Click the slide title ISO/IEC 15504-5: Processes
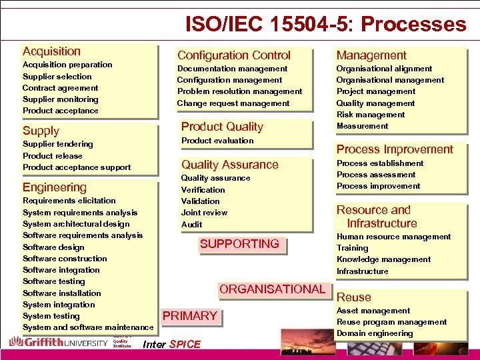[325, 25]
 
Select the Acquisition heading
[51, 51]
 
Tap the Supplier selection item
[57, 77]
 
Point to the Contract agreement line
[60, 88]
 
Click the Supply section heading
[41, 131]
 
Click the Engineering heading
[55, 187]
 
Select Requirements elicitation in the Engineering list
[69, 201]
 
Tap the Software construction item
[65, 259]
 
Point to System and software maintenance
[88, 327]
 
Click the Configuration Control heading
[233, 55]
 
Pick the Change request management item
[233, 103]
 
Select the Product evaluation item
[217, 141]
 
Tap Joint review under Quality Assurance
[204, 213]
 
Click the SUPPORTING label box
[239, 244]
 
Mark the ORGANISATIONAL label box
[272, 289]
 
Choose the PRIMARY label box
[190, 316]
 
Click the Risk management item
[371, 115]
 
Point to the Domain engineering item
[375, 333]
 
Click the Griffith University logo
[58, 343]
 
